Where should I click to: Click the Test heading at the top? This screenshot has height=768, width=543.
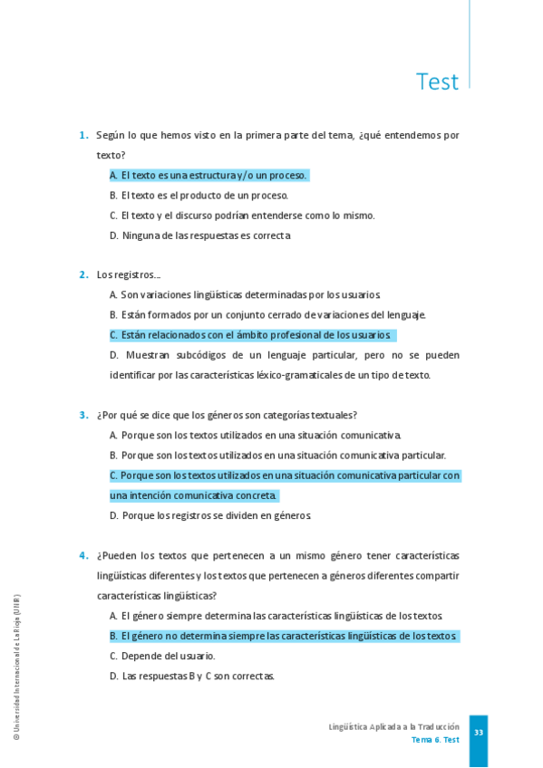(437, 82)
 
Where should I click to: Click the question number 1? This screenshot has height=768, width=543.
(83, 136)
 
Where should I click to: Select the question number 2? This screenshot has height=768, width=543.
(83, 274)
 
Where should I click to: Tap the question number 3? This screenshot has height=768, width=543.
(83, 416)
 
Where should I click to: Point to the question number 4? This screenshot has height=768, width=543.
(83, 556)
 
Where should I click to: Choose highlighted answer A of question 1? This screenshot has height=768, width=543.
(209, 176)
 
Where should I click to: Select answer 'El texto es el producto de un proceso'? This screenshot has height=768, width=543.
(199, 196)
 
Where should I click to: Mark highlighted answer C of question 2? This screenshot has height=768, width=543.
(250, 335)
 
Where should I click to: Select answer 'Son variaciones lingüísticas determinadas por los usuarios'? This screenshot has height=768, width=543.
(245, 294)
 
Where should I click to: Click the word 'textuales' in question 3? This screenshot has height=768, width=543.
(335, 416)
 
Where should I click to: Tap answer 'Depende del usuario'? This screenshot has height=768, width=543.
(162, 656)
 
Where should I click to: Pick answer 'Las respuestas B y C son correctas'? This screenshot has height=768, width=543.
(192, 676)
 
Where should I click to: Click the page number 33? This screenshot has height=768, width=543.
(479, 733)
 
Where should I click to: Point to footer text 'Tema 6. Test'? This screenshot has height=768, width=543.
(435, 740)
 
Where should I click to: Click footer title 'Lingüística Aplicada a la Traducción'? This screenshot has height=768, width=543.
(393, 727)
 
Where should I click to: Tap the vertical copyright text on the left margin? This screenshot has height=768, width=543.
(16, 667)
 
